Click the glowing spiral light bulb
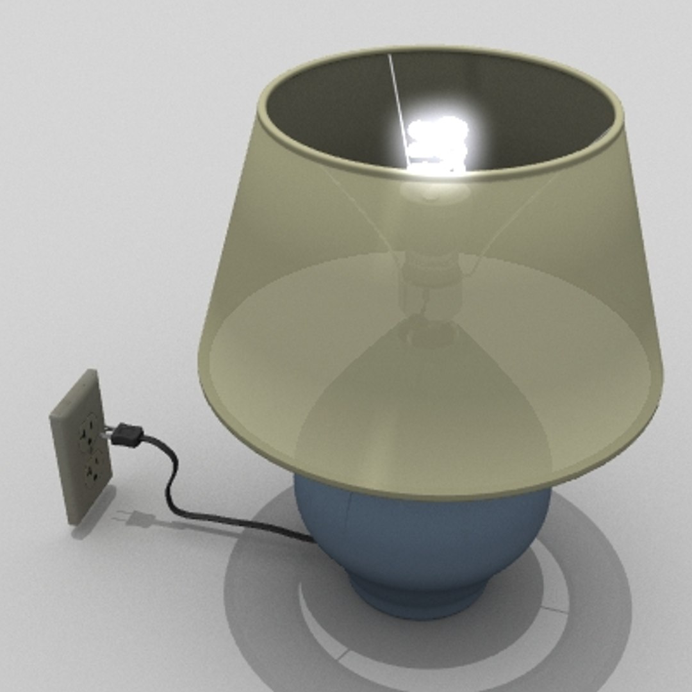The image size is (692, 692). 438,142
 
